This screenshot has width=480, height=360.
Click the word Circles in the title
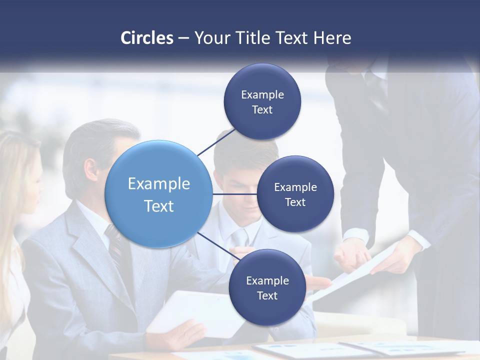pyautogui.click(x=146, y=38)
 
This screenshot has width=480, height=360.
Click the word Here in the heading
pyautogui.click(x=332, y=38)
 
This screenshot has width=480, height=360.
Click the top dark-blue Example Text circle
pyautogui.click(x=262, y=102)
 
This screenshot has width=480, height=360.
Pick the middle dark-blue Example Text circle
pyautogui.click(x=295, y=194)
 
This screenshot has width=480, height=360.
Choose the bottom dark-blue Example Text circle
pyautogui.click(x=267, y=288)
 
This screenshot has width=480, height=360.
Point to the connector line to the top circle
pyautogui.click(x=216, y=142)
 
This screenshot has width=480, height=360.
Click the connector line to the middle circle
pyautogui.click(x=234, y=194)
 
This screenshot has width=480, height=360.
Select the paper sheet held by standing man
pyautogui.click(x=350, y=272)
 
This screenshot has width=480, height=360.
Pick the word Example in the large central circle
pyautogui.click(x=159, y=183)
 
